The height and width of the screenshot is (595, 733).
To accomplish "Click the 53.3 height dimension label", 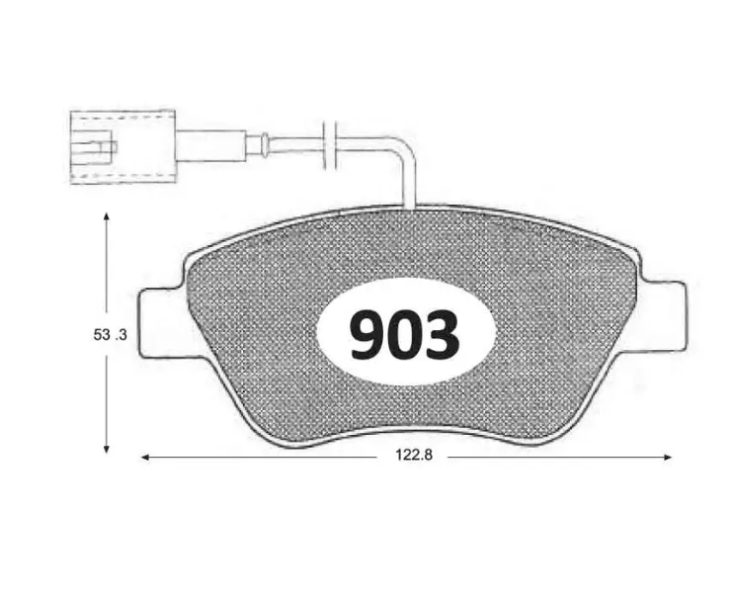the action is pyautogui.click(x=111, y=335).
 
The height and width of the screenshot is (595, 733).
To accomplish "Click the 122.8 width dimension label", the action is pyautogui.click(x=414, y=455).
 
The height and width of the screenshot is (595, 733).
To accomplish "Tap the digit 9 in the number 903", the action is pyautogui.click(x=367, y=334).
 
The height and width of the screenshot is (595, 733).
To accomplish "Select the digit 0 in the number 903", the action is pyautogui.click(x=405, y=334).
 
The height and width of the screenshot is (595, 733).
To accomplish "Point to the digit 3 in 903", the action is pyautogui.click(x=442, y=334).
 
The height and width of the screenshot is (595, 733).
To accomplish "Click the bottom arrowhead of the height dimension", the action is pyautogui.click(x=107, y=448).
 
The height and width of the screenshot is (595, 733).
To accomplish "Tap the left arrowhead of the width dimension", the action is pyautogui.click(x=145, y=457).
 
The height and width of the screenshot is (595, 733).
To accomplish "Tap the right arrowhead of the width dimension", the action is pyautogui.click(x=666, y=457).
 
